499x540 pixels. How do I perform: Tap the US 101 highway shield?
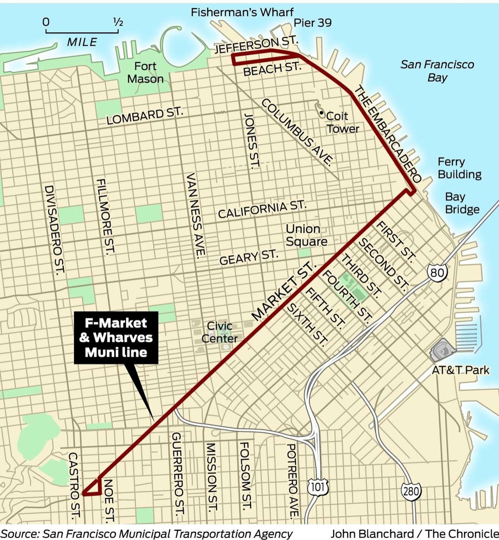pyautogui.click(x=318, y=487)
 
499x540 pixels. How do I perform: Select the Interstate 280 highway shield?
pyautogui.click(x=411, y=491)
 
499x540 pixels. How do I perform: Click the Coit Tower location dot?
pyautogui.click(x=321, y=113)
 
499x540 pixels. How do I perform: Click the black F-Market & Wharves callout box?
pyautogui.click(x=116, y=338)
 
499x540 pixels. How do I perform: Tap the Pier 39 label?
pyautogui.click(x=312, y=23)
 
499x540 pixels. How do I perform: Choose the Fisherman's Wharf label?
pyautogui.click(x=242, y=12)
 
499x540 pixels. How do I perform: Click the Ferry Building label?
pyautogui.click(x=459, y=168)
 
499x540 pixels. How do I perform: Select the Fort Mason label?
pyautogui.click(x=145, y=73)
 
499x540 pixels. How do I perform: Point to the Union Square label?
pyautogui.click(x=306, y=235)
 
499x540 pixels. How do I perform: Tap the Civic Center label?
pyautogui.click(x=220, y=332)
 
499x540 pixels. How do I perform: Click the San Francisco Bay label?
pyautogui.click(x=437, y=71)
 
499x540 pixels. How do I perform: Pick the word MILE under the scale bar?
pyautogui.click(x=82, y=42)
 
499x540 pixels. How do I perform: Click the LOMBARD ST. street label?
pyautogui.click(x=145, y=116)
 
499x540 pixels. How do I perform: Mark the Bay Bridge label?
pyautogui.click(x=462, y=203)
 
